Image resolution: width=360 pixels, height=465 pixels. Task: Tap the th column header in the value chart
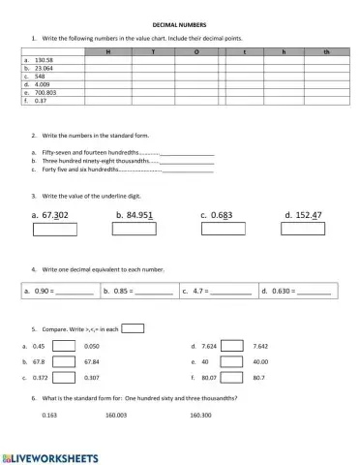pos(326,50)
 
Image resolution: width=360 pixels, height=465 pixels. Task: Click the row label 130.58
pos(45,59)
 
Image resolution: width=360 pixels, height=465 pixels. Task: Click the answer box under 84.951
pos(135,230)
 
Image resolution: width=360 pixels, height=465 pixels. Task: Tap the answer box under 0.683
pos(218,230)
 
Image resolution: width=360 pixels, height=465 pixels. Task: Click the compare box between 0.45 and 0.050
pos(64,346)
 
